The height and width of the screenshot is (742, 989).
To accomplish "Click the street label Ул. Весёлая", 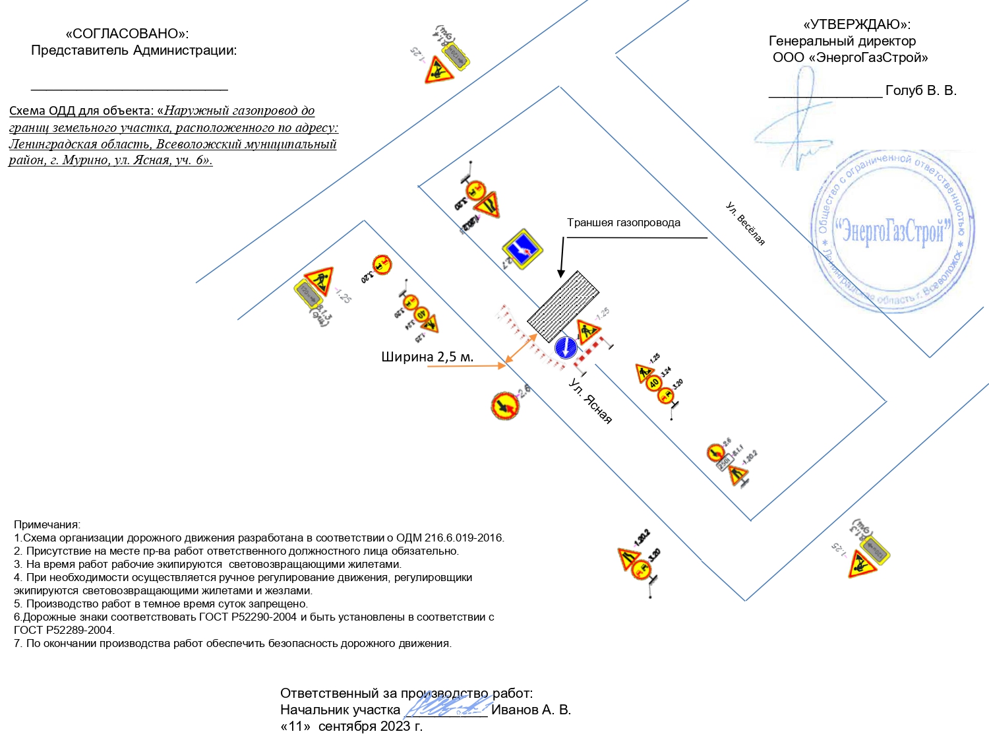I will pyautogui.click(x=746, y=224).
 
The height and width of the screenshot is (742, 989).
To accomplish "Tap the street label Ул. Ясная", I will pyautogui.click(x=591, y=400).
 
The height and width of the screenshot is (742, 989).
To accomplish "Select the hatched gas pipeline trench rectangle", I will pyautogui.click(x=563, y=306).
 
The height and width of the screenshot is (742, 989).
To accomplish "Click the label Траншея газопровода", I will pyautogui.click(x=623, y=223).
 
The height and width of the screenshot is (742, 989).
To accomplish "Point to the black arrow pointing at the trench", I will pyautogui.click(x=562, y=257).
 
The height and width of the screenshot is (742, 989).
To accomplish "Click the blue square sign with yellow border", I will pyautogui.click(x=522, y=249).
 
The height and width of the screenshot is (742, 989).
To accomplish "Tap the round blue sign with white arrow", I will pyautogui.click(x=566, y=348).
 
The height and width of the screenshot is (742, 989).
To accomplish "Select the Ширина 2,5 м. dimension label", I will pyautogui.click(x=427, y=357).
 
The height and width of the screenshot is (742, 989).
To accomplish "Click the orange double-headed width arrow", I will pyautogui.click(x=521, y=349).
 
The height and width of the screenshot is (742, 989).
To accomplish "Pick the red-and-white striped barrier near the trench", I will pyautogui.click(x=591, y=350).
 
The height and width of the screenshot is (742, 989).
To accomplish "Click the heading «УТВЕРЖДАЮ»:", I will pyautogui.click(x=856, y=25).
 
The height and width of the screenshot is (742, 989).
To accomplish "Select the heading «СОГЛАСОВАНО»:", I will pyautogui.click(x=127, y=34).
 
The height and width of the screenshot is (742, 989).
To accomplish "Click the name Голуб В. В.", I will pyautogui.click(x=920, y=90).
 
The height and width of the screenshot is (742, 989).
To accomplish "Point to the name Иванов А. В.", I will pyautogui.click(x=531, y=710).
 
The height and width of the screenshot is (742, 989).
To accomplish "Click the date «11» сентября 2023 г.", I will pyautogui.click(x=351, y=726).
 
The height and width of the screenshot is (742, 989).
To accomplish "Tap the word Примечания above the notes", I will pyautogui.click(x=47, y=525).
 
